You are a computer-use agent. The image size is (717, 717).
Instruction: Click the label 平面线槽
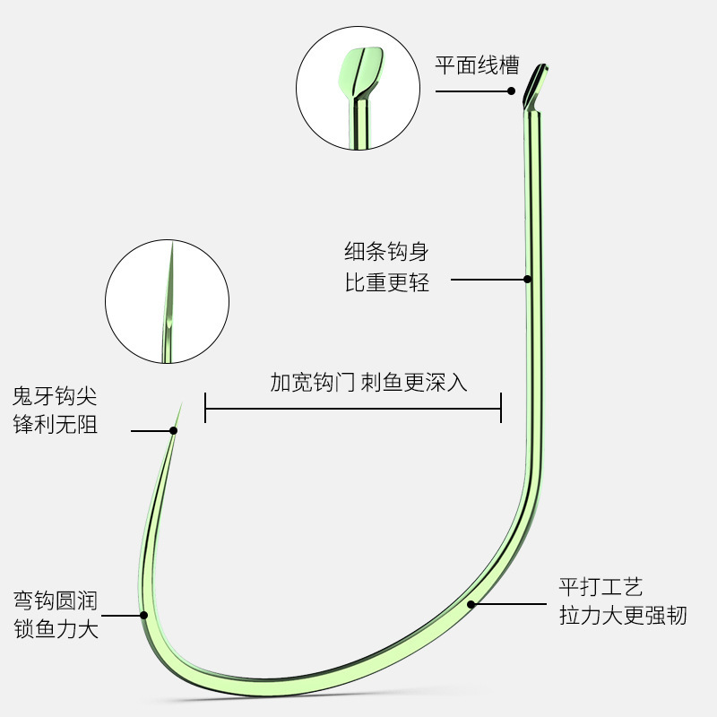(x=477, y=65)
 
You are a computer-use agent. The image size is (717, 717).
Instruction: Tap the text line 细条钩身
(x=387, y=251)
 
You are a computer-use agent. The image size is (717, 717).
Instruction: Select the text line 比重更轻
(x=387, y=283)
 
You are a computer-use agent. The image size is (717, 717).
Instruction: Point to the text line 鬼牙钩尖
(x=55, y=395)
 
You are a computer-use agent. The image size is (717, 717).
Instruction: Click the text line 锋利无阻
(x=55, y=425)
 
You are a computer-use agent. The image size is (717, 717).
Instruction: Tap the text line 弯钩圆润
(x=55, y=599)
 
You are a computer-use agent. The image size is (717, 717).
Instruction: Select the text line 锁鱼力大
(x=55, y=629)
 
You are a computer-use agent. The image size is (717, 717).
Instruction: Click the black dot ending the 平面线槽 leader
(x=512, y=91)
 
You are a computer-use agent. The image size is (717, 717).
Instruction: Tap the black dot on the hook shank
(x=528, y=280)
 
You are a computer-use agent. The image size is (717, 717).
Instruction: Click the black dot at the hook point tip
(x=174, y=431)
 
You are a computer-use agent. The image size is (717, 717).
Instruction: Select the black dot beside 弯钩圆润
(x=143, y=616)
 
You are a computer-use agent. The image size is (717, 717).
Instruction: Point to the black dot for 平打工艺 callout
(x=471, y=605)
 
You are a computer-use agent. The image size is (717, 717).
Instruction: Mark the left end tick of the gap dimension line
(x=206, y=408)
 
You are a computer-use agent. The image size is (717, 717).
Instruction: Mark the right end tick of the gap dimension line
(x=500, y=408)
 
